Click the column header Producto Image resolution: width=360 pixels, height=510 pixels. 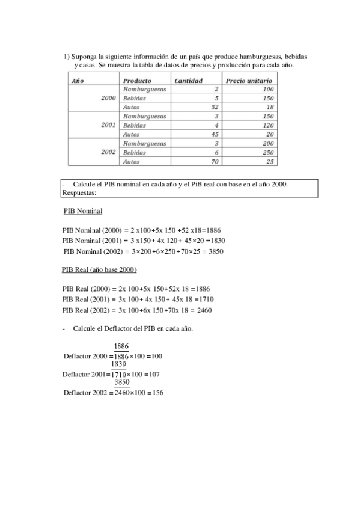coord(137,81)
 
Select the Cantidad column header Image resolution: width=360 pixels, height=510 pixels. coord(188,81)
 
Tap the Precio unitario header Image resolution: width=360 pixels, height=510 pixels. coord(249,81)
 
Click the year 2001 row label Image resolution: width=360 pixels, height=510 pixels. coord(108,125)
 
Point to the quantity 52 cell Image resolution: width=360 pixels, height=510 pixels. coord(213,107)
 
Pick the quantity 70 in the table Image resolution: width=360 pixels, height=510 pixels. coord(213,162)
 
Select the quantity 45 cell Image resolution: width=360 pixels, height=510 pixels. coord(213,134)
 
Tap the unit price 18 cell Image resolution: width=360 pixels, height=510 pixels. coord(270,107)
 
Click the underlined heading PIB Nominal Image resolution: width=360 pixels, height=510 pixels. coord(83,211)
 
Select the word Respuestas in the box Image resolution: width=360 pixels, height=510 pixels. coord(79,192)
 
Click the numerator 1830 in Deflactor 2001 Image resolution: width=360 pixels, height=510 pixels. coord(118,364)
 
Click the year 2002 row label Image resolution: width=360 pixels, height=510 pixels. coord(108,152)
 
